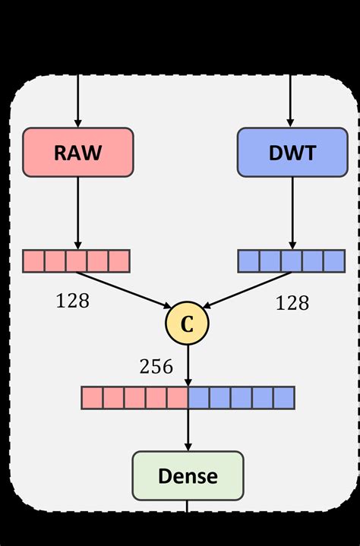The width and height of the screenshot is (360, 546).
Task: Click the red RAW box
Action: coord(78,153)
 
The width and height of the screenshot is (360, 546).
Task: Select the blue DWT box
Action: coord(291,153)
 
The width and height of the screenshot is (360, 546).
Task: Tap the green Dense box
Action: coord(188,476)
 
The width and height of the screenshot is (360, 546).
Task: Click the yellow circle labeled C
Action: coord(187,322)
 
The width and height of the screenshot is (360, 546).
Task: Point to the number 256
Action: coord(156,367)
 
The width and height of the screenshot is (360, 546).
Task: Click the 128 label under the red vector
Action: coord(72,301)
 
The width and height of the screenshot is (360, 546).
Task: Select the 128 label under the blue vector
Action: coord(292,303)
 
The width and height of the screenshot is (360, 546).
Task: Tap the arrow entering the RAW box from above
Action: coord(77,99)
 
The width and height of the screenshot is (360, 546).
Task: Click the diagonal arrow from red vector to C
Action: coord(125,289)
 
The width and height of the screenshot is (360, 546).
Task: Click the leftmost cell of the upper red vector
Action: coord(34,260)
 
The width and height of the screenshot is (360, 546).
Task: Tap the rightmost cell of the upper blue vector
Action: coord(334,260)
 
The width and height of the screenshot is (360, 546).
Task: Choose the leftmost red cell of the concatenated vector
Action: coord(92,397)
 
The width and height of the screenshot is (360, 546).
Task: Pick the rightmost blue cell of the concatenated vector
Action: coord(283,397)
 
